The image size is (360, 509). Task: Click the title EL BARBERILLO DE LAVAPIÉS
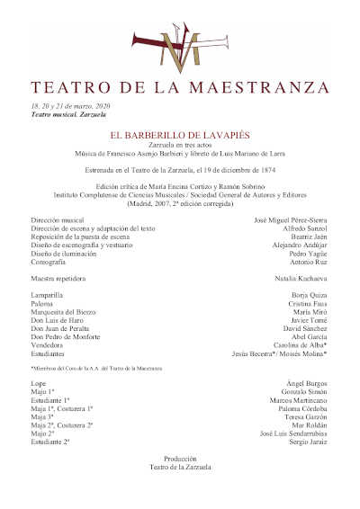click(x=179, y=135)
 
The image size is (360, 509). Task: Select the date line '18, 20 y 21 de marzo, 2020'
click(x=67, y=106)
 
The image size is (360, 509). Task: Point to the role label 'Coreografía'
click(x=51, y=263)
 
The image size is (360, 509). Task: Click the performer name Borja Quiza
click(x=310, y=295)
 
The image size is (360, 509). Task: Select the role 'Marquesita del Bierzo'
click(x=67, y=311)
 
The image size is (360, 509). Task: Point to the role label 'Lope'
click(x=39, y=384)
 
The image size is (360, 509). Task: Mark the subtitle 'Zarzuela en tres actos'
click(x=180, y=145)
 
